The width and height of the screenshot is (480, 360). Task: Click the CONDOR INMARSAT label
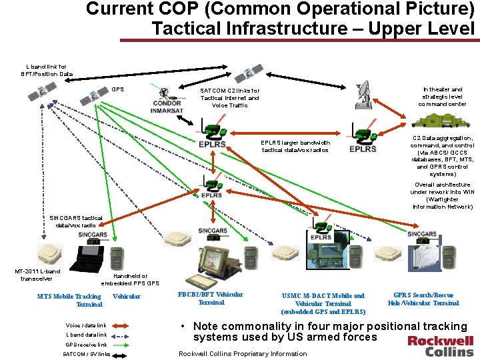coord(167,107)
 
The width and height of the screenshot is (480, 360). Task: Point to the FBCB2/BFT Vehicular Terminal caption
coord(211,298)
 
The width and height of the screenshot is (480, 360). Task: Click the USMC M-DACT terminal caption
coord(323,303)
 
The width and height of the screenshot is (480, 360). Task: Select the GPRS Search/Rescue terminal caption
coord(423,299)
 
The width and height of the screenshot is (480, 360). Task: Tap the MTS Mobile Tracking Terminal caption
coord(69,300)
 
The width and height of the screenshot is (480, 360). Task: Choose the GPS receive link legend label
coord(86,344)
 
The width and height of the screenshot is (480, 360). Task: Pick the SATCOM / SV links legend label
coord(86,354)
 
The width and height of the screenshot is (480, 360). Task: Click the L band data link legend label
coord(86,335)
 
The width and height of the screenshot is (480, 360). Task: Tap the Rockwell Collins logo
coord(441,345)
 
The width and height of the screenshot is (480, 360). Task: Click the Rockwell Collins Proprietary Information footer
coord(243,353)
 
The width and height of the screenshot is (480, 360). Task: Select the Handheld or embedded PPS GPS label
coord(130,279)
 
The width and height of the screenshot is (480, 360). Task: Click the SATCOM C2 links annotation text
coord(230,98)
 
